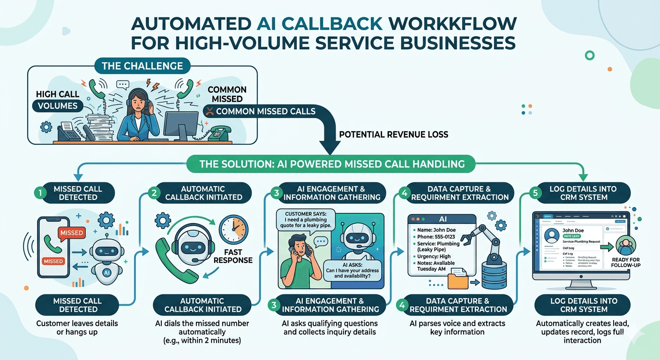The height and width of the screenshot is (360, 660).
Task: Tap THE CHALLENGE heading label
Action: coord(142,66)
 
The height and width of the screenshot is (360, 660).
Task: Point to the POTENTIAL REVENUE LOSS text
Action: coord(393,135)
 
